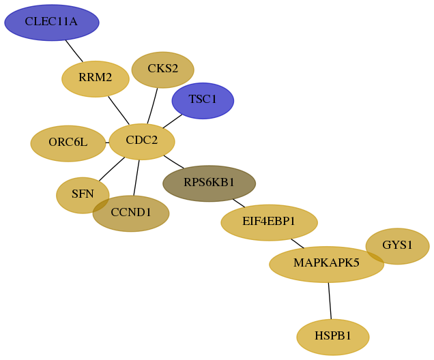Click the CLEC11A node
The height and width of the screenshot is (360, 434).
coord(52,22)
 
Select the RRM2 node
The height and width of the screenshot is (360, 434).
coord(96,79)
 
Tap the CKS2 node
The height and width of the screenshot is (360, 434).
coord(162,70)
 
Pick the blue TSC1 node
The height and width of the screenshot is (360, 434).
coord(203,101)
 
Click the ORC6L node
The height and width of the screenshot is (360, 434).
coord(68,143)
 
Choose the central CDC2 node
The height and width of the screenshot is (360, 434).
coord(142,142)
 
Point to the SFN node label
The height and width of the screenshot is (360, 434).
coord(83,194)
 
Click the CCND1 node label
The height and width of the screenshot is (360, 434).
coord(131,212)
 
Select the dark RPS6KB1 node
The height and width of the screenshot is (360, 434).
coord(209,183)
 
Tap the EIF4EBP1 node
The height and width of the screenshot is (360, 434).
coord(269,222)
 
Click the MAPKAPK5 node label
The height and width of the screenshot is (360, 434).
coord(326,262)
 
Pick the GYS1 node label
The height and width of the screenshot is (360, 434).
coord(397,245)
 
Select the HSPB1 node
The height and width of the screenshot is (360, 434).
coord(333,337)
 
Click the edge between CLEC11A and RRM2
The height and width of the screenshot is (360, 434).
coord(74,51)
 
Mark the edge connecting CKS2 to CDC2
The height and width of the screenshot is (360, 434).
coord(152,106)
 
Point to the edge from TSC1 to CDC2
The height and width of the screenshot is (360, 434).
coord(173,121)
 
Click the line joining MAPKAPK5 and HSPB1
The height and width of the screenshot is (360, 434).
coord(330,301)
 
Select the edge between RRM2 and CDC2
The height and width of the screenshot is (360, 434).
coord(119,110)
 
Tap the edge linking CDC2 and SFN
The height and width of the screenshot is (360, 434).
coord(112,169)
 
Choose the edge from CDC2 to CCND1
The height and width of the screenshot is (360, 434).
coord(136,178)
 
